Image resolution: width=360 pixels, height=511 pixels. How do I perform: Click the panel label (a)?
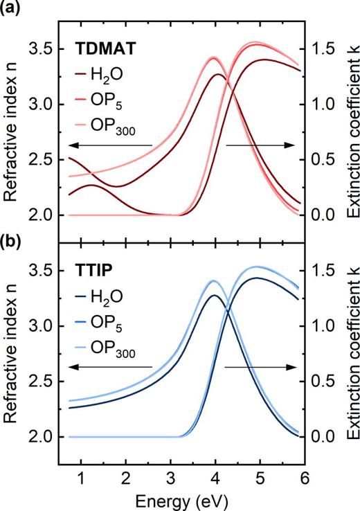coord(12,9)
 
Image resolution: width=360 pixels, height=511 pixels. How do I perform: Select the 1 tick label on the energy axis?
coord(81,478)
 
